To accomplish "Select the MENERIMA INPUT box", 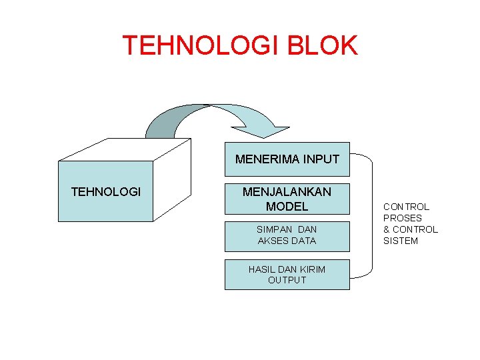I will [x=287, y=159].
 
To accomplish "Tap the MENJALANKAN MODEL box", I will [x=287, y=199].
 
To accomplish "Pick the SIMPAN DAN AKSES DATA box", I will [x=287, y=235].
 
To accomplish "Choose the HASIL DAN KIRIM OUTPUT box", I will [x=287, y=274].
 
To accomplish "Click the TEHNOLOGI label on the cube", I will [x=106, y=192].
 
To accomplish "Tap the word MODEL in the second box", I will [x=287, y=207].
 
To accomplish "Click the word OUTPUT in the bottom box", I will [x=287, y=280].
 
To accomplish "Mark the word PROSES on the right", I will [x=402, y=218].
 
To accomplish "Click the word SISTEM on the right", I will [x=400, y=241].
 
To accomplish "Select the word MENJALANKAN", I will [x=287, y=192].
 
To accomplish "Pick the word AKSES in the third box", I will [x=271, y=241].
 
